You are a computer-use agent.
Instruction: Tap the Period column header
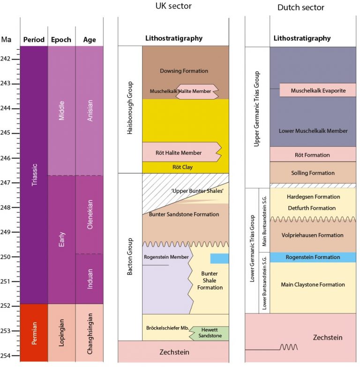(34, 40)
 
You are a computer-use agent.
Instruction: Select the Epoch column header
(61, 40)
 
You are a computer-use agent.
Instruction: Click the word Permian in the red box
(34, 334)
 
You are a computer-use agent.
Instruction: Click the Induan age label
(89, 279)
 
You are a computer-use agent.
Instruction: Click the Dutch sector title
(300, 8)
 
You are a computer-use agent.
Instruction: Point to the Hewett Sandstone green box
(210, 333)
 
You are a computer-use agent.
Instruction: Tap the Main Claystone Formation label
(313, 284)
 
